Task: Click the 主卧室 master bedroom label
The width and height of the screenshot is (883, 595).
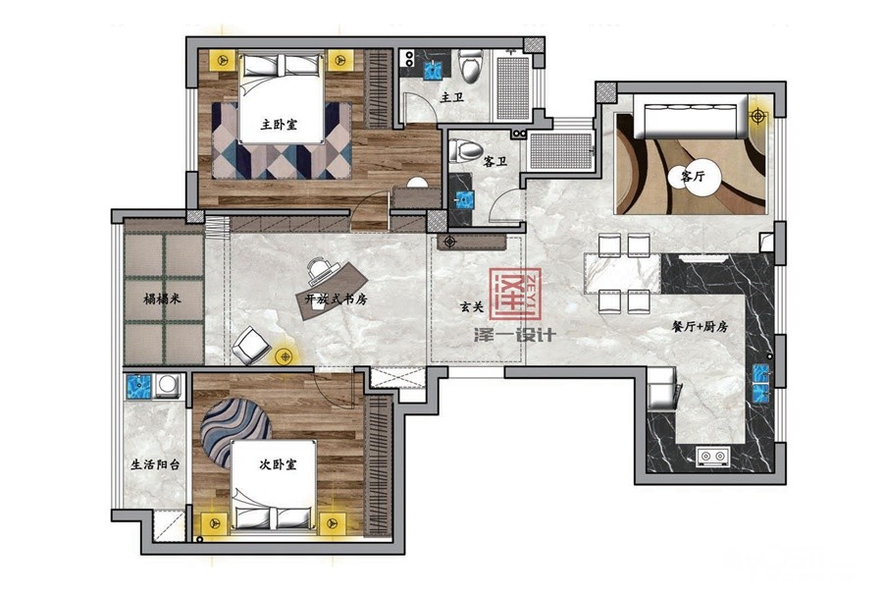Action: (280, 125)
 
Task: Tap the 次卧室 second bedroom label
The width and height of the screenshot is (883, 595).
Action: (278, 464)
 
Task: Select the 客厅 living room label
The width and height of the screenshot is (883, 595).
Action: (693, 176)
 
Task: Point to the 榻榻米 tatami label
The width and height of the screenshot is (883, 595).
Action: (162, 299)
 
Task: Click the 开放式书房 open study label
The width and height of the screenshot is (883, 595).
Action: (337, 299)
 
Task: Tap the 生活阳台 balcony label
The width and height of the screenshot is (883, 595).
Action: (155, 464)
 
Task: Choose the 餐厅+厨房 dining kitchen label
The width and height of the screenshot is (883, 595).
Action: (700, 326)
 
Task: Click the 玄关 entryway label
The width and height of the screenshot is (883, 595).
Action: (472, 307)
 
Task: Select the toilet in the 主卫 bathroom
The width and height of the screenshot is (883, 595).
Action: (471, 66)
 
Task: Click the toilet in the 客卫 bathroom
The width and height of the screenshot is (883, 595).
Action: (465, 150)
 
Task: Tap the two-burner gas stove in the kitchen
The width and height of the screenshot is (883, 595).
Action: (712, 456)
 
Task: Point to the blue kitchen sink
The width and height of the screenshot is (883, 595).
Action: (760, 384)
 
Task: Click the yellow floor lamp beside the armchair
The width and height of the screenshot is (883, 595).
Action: (286, 356)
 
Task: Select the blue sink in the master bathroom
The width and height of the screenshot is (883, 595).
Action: (433, 70)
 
